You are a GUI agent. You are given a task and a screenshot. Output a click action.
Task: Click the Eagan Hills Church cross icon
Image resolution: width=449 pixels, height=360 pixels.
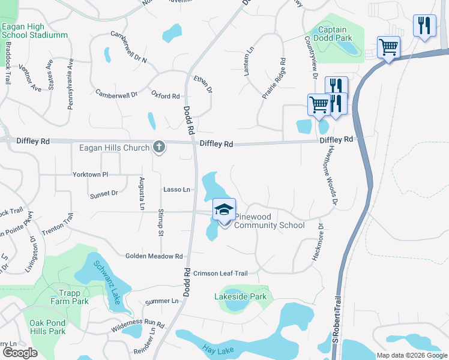159,146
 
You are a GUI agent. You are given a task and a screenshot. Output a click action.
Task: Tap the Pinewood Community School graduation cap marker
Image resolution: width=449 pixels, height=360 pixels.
224,210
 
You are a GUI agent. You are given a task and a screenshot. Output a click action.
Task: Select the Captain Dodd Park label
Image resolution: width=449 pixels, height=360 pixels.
332,34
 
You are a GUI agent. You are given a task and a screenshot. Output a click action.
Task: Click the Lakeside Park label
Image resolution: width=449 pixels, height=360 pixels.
240,296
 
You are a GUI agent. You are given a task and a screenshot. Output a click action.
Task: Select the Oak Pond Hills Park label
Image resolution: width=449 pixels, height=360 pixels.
47,326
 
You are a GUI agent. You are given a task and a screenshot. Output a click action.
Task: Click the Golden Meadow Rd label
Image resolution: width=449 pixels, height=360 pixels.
154,256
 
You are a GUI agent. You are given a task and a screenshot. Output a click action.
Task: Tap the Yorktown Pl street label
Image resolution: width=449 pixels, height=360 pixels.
90,175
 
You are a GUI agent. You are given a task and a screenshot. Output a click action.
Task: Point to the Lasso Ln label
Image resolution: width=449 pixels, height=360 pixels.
176,190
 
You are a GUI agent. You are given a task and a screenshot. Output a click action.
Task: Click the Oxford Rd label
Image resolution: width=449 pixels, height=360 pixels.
166,95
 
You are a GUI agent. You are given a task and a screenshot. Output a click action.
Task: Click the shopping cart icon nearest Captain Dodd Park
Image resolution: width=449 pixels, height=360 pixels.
388,47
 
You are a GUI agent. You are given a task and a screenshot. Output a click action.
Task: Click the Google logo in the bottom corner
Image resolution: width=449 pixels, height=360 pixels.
20,352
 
